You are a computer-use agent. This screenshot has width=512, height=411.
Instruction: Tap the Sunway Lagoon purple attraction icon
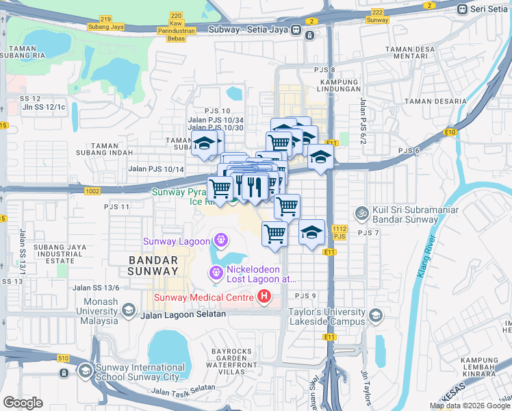click(220, 240)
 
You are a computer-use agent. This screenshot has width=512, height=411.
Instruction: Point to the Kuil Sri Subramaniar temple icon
click(362, 214)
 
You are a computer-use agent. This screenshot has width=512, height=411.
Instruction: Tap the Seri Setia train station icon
click(463, 8)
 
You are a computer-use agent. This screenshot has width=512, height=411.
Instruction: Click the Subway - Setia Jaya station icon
click(295, 29)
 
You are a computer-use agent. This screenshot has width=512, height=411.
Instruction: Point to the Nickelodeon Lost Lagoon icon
click(217, 273)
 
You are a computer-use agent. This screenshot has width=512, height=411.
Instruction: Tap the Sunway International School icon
click(85, 371)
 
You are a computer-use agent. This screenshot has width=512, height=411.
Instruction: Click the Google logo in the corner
click(23, 403)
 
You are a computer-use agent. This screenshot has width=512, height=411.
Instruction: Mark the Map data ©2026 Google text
click(470, 406)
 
